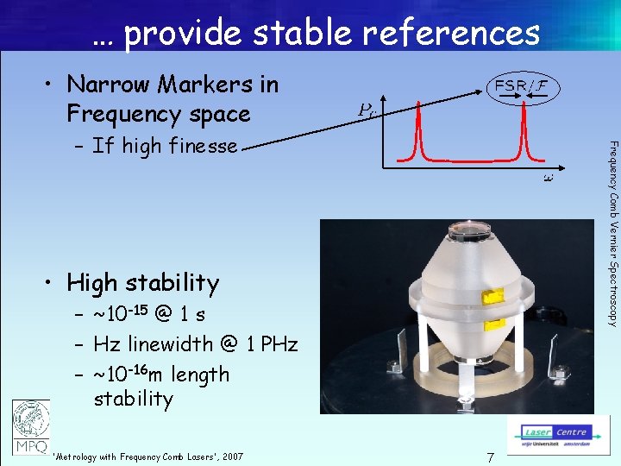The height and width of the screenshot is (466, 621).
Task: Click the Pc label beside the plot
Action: click(x=367, y=110)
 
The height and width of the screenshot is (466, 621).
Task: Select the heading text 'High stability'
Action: click(x=142, y=282)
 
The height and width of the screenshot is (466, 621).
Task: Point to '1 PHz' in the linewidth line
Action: click(x=270, y=344)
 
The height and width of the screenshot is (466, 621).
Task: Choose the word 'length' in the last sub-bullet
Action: click(x=200, y=375)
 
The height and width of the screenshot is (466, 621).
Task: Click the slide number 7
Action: click(x=489, y=457)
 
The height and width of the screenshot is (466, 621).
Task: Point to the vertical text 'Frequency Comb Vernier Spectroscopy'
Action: click(x=612, y=233)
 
